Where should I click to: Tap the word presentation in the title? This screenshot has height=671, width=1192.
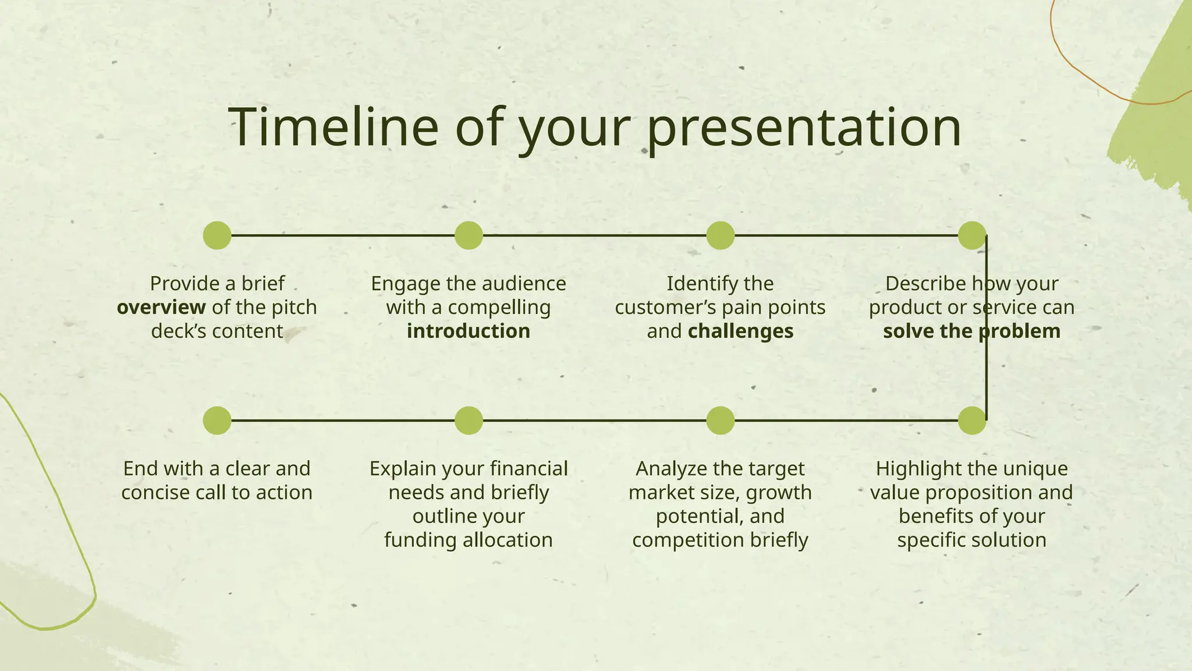pyautogui.click(x=803, y=129)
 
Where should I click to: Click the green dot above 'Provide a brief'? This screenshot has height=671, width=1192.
pyautogui.click(x=217, y=235)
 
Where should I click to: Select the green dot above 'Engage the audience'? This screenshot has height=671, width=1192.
pyautogui.click(x=469, y=235)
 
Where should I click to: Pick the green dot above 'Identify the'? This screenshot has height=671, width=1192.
pyautogui.click(x=720, y=235)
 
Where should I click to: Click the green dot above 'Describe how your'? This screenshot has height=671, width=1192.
pyautogui.click(x=971, y=235)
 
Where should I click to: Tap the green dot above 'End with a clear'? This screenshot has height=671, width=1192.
pyautogui.click(x=217, y=421)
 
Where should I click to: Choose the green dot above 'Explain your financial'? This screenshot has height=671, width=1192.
pyautogui.click(x=469, y=421)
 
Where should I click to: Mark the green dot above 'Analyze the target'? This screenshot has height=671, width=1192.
pyautogui.click(x=720, y=421)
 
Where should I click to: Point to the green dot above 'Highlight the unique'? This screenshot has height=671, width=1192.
pyautogui.click(x=971, y=421)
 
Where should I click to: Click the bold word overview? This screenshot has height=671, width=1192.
pyautogui.click(x=161, y=308)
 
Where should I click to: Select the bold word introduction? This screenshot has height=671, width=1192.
pyautogui.click(x=469, y=331)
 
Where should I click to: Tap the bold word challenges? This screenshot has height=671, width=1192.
pyautogui.click(x=740, y=331)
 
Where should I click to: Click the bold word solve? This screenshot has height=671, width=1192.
pyautogui.click(x=909, y=331)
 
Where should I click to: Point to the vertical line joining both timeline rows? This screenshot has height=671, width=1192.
pyautogui.click(x=987, y=373)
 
